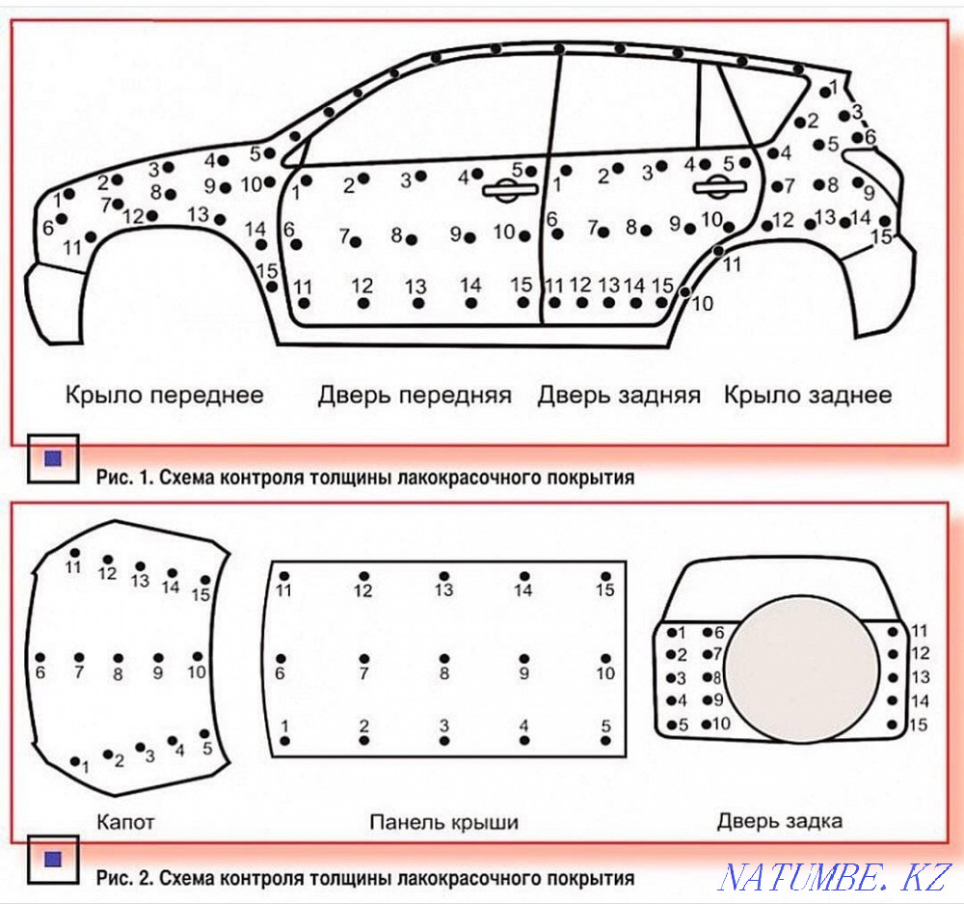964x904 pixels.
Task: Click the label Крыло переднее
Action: point(164,395)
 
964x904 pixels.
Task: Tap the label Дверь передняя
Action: point(415,395)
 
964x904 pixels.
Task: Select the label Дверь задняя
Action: point(619,395)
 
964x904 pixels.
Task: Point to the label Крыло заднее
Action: point(808,395)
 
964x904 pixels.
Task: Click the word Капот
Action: point(126,823)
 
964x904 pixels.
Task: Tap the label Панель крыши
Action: point(444,823)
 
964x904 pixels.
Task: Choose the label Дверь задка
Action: point(780,821)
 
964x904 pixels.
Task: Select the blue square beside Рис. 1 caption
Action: point(53,459)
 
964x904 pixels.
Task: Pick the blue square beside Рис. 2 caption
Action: point(53,858)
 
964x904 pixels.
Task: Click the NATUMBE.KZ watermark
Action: point(835,877)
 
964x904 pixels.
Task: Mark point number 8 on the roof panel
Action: point(444,673)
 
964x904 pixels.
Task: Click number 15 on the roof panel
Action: point(604,589)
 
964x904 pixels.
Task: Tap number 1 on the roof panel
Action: point(284,726)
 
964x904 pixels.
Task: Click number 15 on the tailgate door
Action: point(920,725)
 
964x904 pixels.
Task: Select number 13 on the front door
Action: point(415,287)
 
